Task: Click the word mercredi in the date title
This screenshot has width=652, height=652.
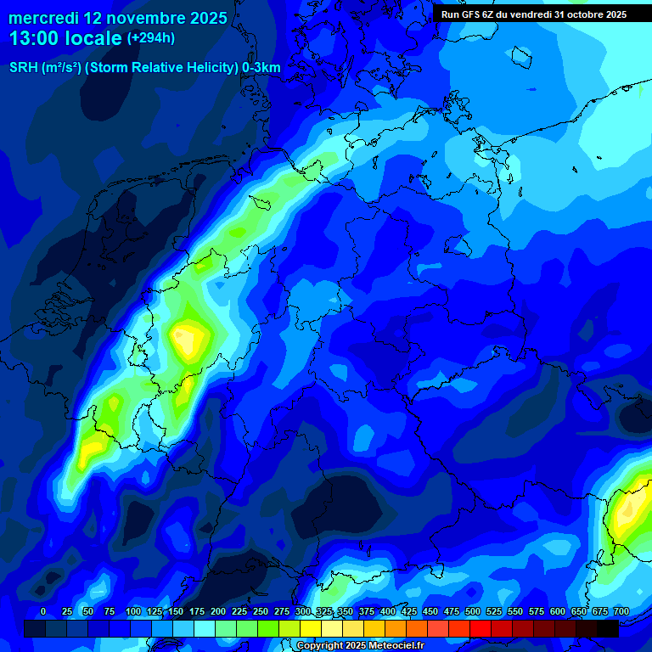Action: [x=43, y=18]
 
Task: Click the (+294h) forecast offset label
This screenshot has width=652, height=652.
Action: [x=151, y=38]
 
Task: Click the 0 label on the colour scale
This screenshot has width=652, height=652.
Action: [x=43, y=611]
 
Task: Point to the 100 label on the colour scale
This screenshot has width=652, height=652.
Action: [x=133, y=611]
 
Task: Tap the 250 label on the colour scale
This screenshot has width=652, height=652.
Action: [x=261, y=611]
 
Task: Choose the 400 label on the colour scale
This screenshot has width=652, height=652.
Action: [x=388, y=611]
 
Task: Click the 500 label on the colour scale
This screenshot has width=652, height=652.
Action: [x=473, y=611]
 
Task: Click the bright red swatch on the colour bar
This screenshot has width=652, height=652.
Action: [x=481, y=628]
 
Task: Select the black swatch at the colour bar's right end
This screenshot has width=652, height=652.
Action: [x=608, y=628]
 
